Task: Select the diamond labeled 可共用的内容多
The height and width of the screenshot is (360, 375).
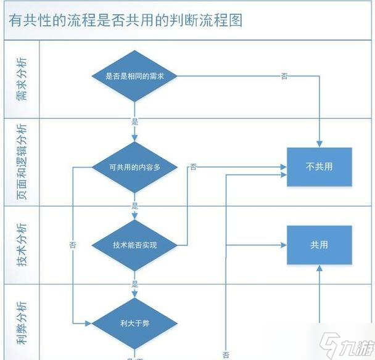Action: [134, 166]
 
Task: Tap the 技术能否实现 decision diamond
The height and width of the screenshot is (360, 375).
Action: [134, 245]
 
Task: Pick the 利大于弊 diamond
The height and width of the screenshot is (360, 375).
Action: [134, 322]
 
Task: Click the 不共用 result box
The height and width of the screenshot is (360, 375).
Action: [319, 166]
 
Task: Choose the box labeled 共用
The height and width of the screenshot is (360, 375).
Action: [319, 245]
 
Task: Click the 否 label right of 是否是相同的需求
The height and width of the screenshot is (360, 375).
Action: [284, 76]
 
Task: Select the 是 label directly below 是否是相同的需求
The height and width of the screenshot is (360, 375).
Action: [134, 121]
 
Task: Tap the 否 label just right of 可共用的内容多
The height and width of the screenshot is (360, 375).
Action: [194, 166]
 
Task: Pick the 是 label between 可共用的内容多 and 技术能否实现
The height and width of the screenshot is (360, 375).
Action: [134, 206]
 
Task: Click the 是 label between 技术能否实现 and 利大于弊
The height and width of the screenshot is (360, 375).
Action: [134, 284]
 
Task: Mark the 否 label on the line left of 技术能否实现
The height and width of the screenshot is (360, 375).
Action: [73, 245]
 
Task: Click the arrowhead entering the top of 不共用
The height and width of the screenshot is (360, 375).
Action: [319, 144]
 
